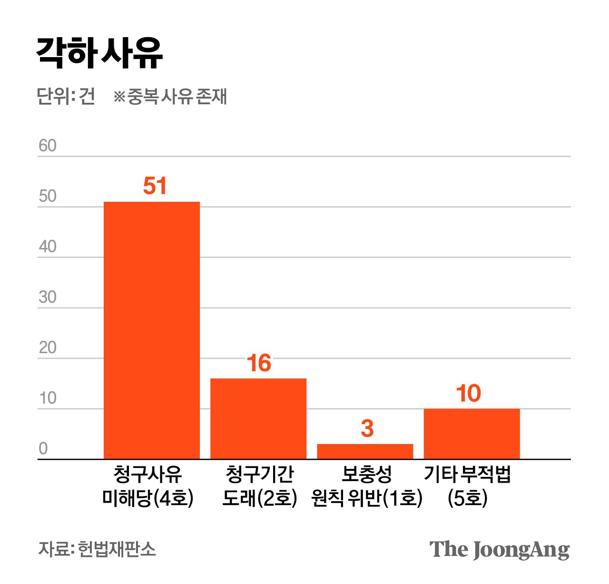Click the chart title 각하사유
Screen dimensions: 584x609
pos(99,53)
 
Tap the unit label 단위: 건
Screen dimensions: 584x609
pos(66,96)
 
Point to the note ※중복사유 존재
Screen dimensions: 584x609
pos(170,96)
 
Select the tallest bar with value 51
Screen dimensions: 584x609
pos(152,330)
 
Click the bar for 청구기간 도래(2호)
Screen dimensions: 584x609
pos(258,418)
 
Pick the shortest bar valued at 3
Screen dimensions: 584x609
pos(365,451)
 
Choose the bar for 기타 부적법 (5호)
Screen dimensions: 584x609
pos(471,434)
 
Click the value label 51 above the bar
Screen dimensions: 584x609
pos(155,186)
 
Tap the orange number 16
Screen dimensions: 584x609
pos(259,364)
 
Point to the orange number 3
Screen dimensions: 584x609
pos(367,428)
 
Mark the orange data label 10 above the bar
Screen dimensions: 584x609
pos(469,394)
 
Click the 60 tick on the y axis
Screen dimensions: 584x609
pos(48,146)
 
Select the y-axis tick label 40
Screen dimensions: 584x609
pos(48,247)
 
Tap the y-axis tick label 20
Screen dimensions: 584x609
pos(48,347)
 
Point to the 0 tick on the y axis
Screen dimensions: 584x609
pos(43,448)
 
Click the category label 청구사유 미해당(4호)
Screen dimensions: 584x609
pos(148,486)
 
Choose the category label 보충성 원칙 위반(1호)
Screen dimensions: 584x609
pos(367,486)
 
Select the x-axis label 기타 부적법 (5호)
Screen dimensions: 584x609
pos(467,486)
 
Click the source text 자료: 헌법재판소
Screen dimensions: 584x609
pos(97,549)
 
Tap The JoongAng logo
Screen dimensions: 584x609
pos(499,550)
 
